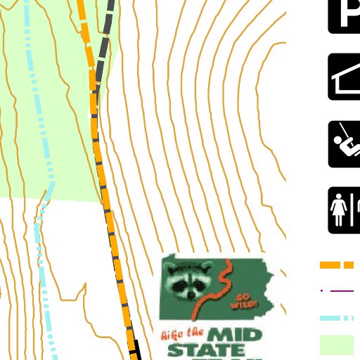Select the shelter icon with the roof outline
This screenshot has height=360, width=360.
click(345, 77)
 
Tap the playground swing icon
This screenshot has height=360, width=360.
click(345, 144)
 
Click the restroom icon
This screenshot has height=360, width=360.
click(345, 210)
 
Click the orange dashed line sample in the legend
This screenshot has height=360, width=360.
click(337, 265)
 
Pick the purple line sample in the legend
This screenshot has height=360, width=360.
click(340, 290)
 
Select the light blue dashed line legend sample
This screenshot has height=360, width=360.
click(337, 319)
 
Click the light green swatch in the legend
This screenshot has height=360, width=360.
click(337, 345)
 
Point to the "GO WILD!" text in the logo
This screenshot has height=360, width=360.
click(246, 300)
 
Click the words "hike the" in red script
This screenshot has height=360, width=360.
click(182, 333)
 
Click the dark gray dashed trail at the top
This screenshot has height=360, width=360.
click(107, 35)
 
